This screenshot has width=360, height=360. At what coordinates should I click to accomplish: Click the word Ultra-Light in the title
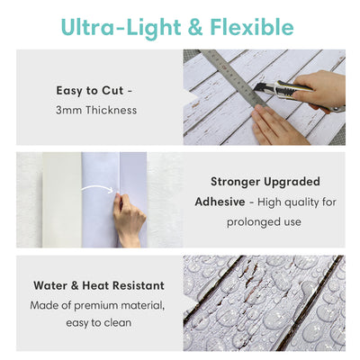point(121,28)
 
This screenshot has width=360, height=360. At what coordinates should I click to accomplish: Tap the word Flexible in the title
point(252,27)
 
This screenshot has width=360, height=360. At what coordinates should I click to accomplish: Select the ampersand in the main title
point(195,28)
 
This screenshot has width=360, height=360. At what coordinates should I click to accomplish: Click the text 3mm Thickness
point(96,110)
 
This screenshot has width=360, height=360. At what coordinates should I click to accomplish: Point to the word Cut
point(112,91)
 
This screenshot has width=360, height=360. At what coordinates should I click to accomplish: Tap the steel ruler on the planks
point(232,77)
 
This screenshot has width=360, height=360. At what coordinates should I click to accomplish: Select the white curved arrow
point(97,188)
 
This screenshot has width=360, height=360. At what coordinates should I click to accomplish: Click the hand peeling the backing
point(129,219)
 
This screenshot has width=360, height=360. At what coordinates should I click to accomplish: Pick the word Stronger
point(235,182)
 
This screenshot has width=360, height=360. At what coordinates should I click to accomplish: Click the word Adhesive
point(220,202)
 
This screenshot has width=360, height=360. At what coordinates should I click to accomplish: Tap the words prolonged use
point(264,222)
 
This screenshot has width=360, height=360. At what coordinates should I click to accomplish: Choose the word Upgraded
point(292,182)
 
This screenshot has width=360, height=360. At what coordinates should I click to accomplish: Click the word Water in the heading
point(50,285)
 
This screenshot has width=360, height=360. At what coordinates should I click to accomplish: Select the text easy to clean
point(99,323)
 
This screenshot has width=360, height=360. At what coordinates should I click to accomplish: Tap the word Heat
point(95,285)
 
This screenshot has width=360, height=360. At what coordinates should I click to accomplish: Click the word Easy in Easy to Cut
point(68,91)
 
